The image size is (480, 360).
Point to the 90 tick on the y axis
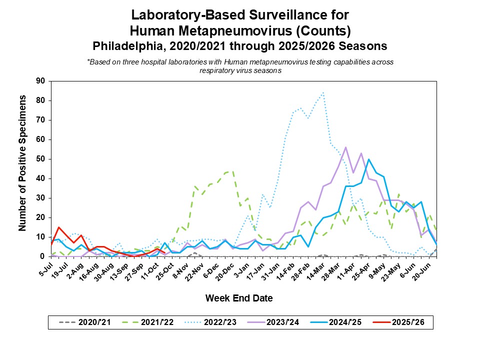(41, 81)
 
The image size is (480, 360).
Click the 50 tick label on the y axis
(41, 159)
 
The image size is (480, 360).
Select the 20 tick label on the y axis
(41, 217)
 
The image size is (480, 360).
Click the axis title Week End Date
(239, 298)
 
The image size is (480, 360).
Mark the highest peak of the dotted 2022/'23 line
(323, 92)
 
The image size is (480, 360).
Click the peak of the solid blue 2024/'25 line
(368, 159)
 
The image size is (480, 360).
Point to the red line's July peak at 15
(59, 227)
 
